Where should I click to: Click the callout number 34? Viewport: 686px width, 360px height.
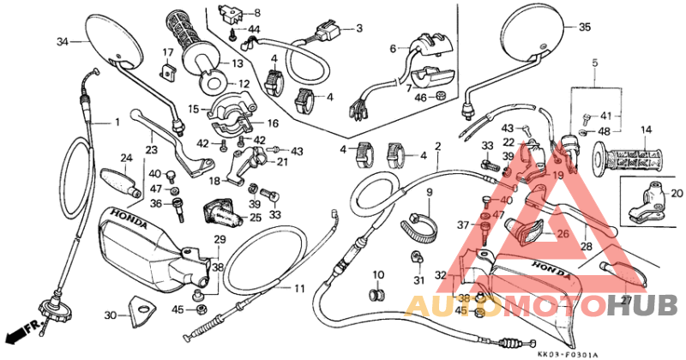[62, 41]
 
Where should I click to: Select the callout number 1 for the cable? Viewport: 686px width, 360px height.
[117, 123]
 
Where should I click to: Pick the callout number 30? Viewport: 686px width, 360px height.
[110, 315]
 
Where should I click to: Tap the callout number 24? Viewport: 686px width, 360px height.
[125, 158]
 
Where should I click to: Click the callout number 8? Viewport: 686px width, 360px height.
[256, 13]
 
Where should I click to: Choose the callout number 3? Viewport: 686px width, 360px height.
[358, 28]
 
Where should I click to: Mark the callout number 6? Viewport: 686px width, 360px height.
[394, 49]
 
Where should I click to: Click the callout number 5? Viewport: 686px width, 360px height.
[593, 63]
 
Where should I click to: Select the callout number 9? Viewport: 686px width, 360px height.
[428, 192]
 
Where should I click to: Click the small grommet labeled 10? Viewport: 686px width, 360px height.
[375, 295]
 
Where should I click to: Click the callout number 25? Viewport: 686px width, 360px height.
[255, 218]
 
